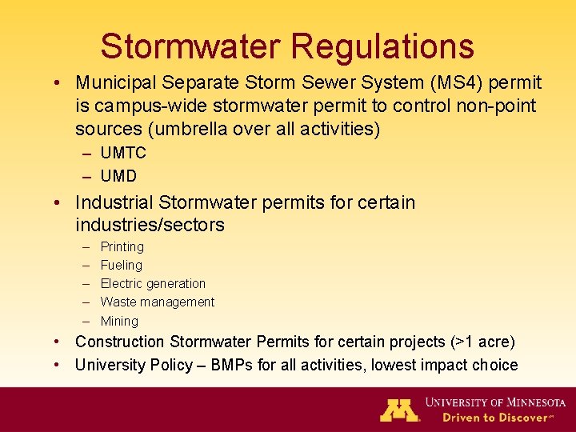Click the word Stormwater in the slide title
click(x=190, y=46)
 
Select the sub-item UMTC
click(x=123, y=154)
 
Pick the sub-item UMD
click(x=118, y=176)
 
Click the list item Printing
click(x=122, y=247)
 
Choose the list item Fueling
click(x=121, y=266)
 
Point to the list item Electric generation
click(x=153, y=284)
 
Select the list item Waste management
click(x=158, y=302)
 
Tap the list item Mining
click(x=119, y=321)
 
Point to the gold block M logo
click(x=399, y=410)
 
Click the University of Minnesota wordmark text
click(x=495, y=402)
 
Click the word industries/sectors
click(x=150, y=226)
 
